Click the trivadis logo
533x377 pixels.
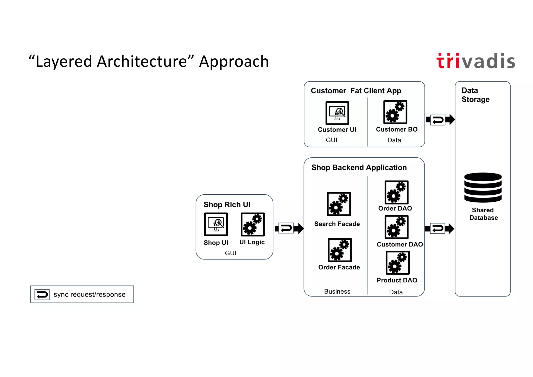pos(476,61)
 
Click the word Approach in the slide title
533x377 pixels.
pos(234,62)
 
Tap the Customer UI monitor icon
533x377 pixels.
pos(337,113)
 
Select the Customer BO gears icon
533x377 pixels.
pos(395,112)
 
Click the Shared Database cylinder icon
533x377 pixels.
pos(483,187)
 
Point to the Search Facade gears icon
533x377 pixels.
pos(339,204)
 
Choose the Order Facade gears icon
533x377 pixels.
pos(340,250)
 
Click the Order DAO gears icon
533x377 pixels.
pos(396,192)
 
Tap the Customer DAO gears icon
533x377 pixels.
pos(396,227)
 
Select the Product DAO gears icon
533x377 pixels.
pos(397,263)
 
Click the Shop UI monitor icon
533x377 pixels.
pos(216,224)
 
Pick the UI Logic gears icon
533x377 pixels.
pos(252,224)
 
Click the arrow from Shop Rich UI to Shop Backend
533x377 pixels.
pos(289,228)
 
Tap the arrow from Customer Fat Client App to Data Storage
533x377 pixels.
pos(440,120)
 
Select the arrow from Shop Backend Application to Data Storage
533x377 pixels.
pos(440,229)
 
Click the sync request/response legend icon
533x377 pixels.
pos(42,295)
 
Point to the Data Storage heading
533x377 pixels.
pos(475,95)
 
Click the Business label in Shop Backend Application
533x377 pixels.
pos(337,291)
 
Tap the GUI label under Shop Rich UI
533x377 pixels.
pos(231,253)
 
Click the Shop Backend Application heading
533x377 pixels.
pos(359,168)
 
